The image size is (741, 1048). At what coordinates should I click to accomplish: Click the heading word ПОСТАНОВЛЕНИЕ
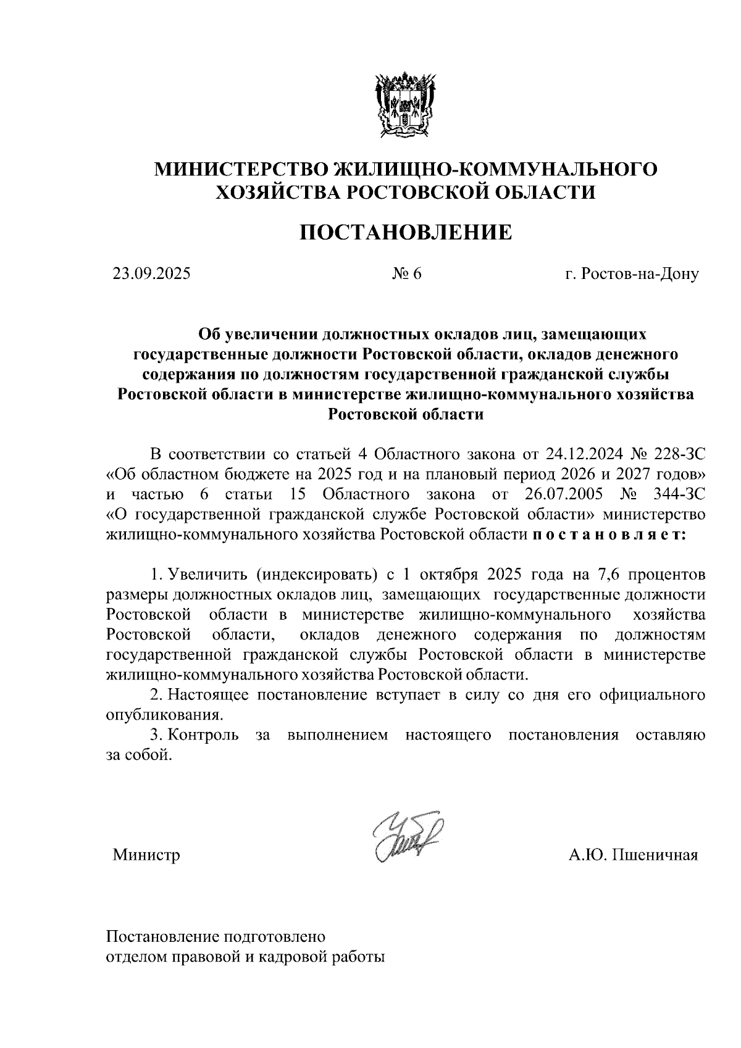pos(406,233)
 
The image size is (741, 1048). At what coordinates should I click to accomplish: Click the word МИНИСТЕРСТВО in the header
pos(241,169)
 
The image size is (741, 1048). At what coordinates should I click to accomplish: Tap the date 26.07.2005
pos(558,494)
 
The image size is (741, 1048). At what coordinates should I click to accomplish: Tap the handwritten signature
pos(408,835)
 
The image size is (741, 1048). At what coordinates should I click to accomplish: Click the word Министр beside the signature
pos(146,855)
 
